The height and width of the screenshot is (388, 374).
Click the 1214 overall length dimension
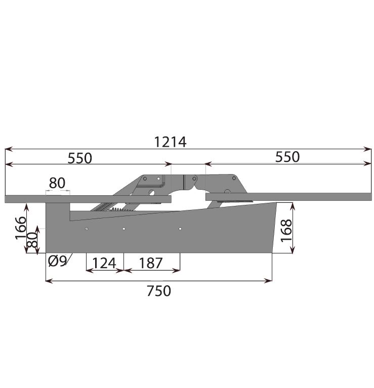tap(170, 142)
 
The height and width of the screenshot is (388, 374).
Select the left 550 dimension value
tap(79, 158)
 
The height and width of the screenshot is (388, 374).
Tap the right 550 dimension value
tap(287, 157)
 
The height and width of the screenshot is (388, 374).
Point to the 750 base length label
tap(159, 291)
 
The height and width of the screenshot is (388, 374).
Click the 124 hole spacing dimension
tap(104, 263)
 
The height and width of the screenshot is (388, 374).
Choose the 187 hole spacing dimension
tap(151, 263)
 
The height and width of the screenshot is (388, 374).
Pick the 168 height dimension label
tap(286, 230)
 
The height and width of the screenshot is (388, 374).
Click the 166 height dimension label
tap(21, 228)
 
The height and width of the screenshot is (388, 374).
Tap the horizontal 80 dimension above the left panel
tap(57, 183)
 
